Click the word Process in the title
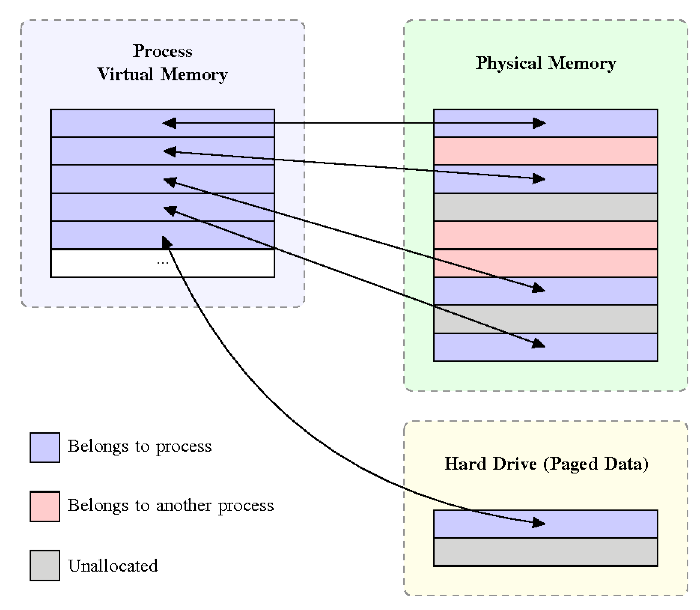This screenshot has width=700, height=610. coord(162,51)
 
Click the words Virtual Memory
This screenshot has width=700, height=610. coord(162,74)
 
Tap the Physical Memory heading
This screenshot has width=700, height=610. coord(545,63)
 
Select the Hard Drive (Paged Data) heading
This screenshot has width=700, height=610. coord(546,464)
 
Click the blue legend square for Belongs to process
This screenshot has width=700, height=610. coord(45,447)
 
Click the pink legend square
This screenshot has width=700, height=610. coord(45,506)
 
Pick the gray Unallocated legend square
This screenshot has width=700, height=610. coord(45,565)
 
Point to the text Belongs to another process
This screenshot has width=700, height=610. coord(170,505)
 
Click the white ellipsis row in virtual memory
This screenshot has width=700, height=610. coord(162,263)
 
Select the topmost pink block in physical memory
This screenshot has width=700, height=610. coord(545,151)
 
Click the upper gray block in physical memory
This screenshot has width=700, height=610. coord(545,207)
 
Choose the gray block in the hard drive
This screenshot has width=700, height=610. coord(545,552)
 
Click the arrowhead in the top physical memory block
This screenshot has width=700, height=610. coord(539,123)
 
